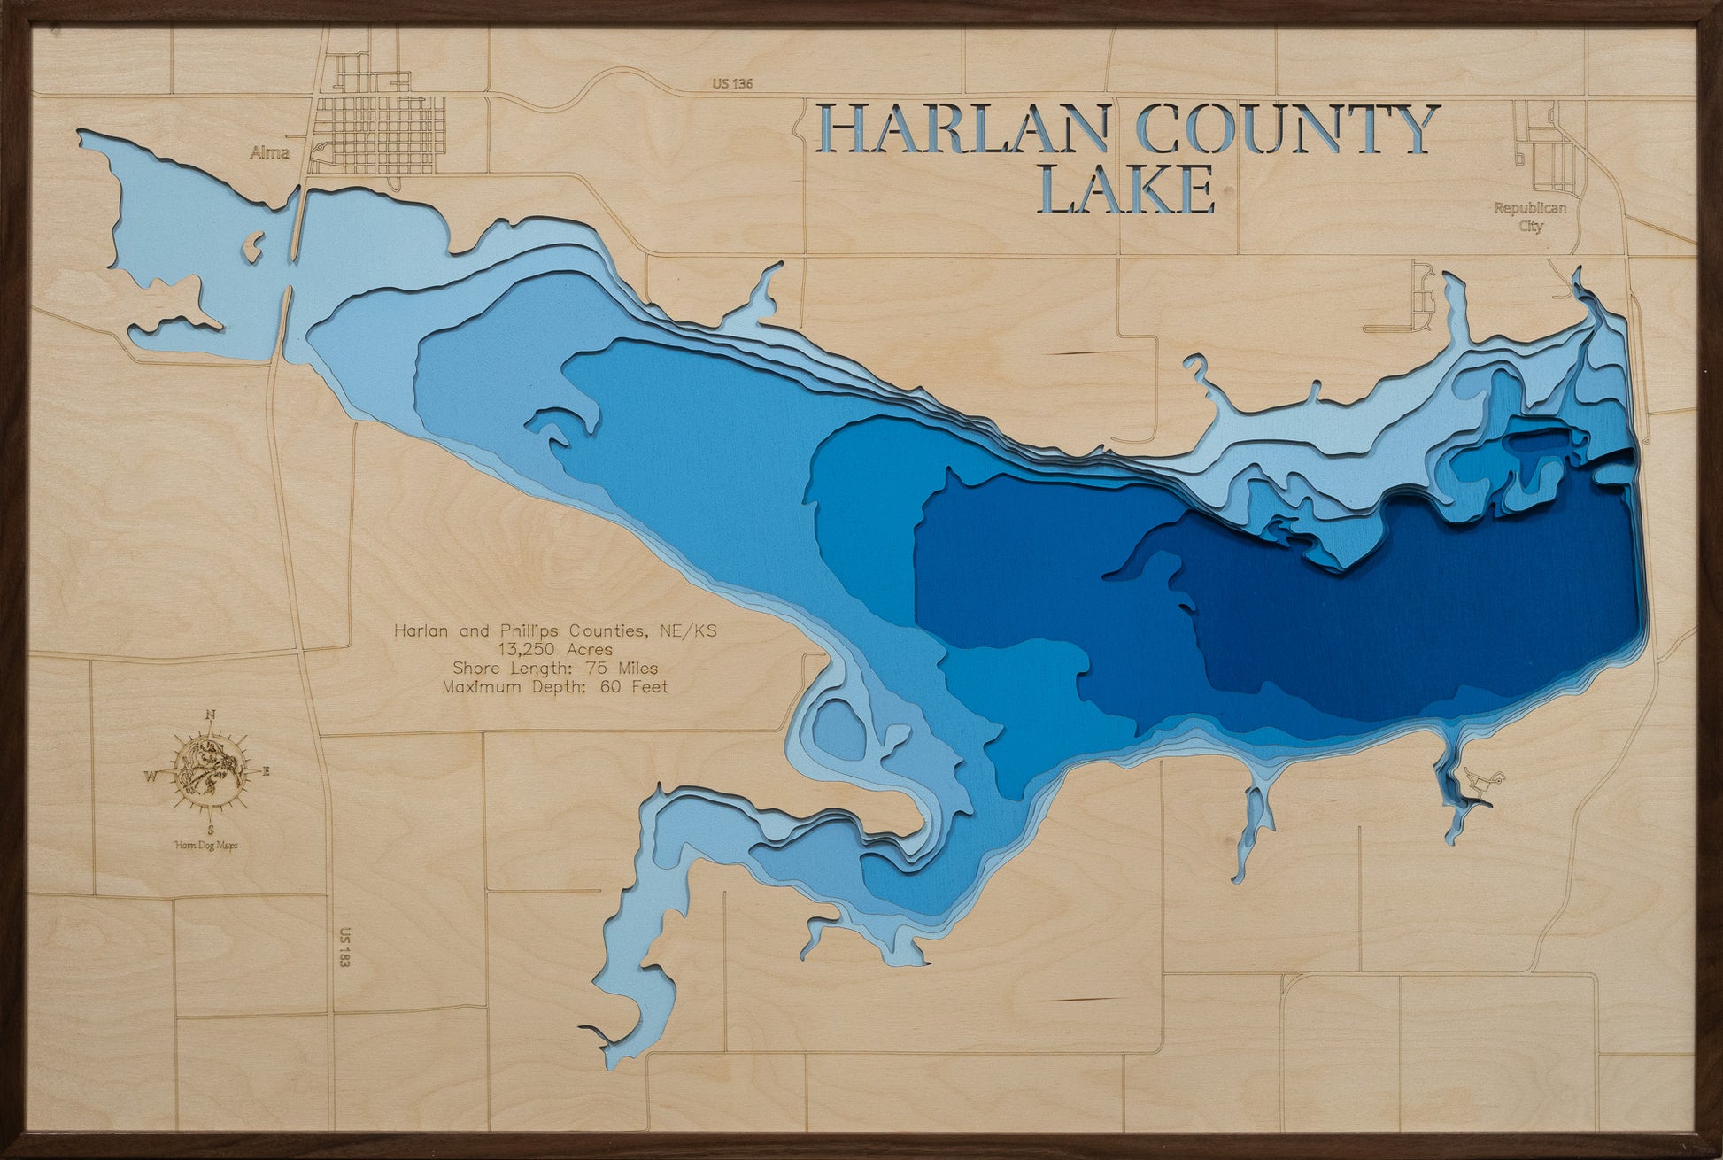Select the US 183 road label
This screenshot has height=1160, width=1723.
click(x=344, y=947)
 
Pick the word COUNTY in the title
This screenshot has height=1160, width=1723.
click(x=1283, y=131)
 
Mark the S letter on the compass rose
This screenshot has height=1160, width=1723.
click(x=210, y=830)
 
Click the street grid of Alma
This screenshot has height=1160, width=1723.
click(x=381, y=133)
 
